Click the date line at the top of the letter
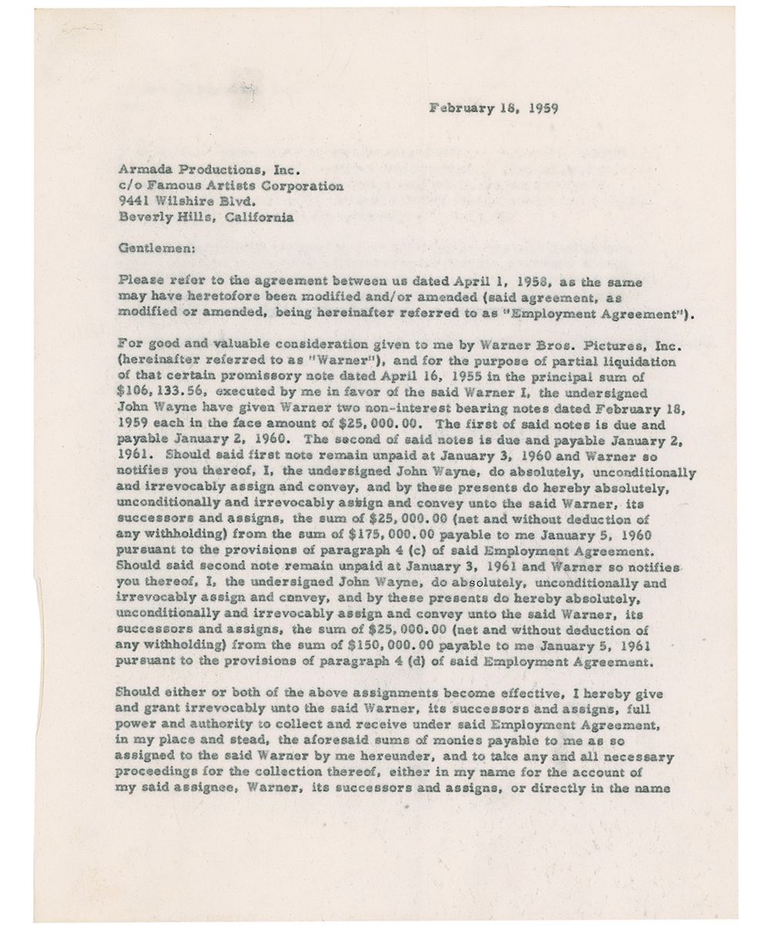[x=494, y=108]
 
